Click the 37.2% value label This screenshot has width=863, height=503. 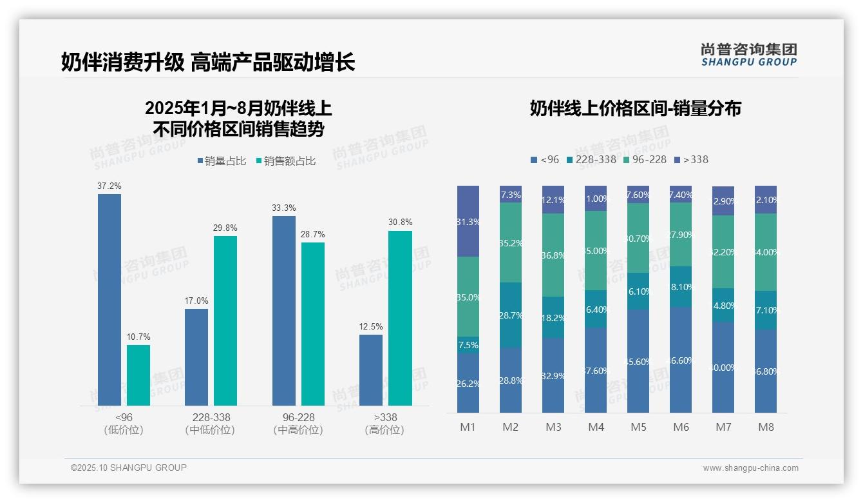click(109, 186)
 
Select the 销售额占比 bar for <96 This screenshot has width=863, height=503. click(138, 375)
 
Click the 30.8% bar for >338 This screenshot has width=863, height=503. click(400, 318)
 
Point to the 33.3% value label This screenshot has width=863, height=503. click(284, 208)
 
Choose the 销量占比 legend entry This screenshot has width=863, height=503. click(222, 161)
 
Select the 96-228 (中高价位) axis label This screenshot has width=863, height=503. click(298, 423)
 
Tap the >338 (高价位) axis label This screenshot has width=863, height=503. click(385, 423)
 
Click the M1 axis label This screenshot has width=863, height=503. click(468, 427)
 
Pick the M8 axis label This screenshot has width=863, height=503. click(766, 427)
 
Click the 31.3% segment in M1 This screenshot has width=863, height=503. click(468, 221)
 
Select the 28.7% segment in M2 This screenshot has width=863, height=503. click(511, 315)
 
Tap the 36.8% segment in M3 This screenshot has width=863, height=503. click(553, 255)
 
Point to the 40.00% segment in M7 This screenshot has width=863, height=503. click(723, 367)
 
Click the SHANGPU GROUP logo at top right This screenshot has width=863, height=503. click(748, 54)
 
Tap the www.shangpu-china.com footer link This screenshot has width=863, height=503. click(750, 468)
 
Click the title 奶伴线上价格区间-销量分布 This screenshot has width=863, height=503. click(635, 108)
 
